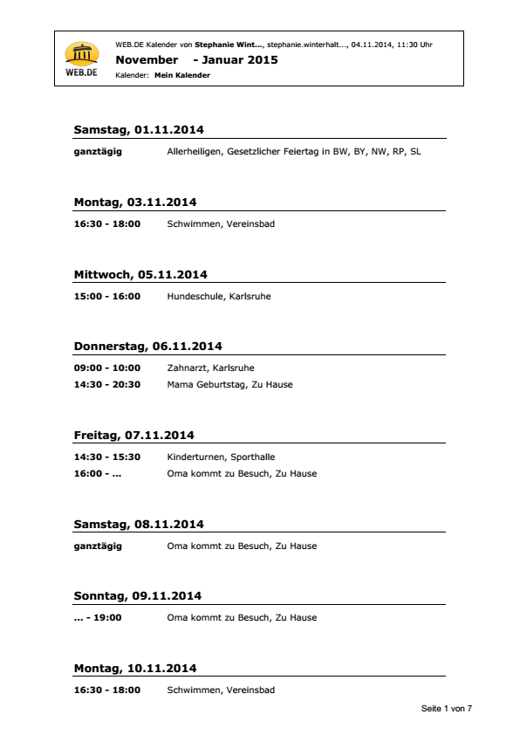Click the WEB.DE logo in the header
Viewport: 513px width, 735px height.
click(x=82, y=59)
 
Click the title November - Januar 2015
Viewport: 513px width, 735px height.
click(x=196, y=60)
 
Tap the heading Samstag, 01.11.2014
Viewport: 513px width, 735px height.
click(x=139, y=130)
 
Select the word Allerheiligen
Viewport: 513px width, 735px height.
click(x=194, y=152)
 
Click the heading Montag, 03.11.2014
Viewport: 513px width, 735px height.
click(x=135, y=203)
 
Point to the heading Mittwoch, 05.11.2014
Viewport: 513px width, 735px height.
click(x=140, y=274)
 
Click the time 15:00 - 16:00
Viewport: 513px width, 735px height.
click(x=106, y=296)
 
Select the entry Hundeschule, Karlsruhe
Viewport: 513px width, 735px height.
click(x=219, y=296)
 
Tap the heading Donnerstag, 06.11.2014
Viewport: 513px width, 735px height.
click(x=147, y=346)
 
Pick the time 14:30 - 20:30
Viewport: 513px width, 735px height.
click(x=106, y=384)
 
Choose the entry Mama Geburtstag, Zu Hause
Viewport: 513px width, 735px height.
click(x=230, y=384)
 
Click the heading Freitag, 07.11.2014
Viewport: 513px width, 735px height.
click(x=133, y=435)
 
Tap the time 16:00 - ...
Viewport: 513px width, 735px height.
click(x=98, y=474)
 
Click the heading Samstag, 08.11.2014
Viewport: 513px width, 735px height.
click(x=139, y=525)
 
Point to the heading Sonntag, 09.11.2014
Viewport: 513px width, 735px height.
click(x=138, y=596)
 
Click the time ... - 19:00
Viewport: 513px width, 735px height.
click(x=98, y=617)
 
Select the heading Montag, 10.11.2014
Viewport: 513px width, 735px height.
click(x=135, y=669)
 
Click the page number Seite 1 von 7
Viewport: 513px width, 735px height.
click(x=447, y=709)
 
